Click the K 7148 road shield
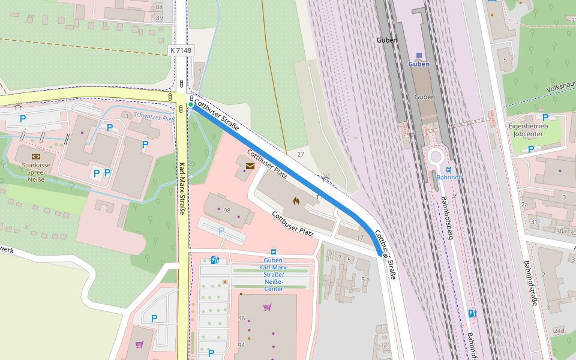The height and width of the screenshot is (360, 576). point(181,51)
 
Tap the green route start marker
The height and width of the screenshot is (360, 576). point(191,105)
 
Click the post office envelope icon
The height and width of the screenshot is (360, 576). point(250,166)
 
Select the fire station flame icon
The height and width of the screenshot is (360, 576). point(295,202)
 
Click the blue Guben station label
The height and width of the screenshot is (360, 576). point(419,64)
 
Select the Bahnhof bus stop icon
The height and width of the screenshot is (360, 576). point(448,169)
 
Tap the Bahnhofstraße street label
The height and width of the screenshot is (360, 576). point(530,283)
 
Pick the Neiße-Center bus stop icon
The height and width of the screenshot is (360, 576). point(274,252)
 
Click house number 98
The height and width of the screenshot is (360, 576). point(227,211)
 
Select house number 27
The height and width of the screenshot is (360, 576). point(301,154)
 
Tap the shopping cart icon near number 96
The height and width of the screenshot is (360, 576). point(267,307)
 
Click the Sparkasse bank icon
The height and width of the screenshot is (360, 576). point(35,156)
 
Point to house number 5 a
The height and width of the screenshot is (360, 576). point(365,280)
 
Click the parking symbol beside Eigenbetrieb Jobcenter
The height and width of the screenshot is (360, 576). point(545,118)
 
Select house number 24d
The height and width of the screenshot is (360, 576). point(559,331)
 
